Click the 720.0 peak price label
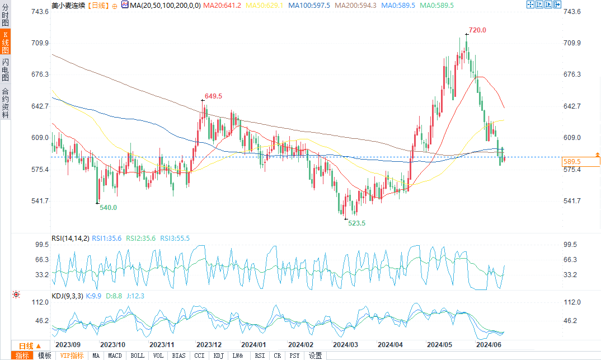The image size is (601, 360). tap(477, 30)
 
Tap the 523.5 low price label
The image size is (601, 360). tap(357, 223)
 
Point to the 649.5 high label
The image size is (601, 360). tap(213, 96)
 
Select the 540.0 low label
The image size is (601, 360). tap(108, 207)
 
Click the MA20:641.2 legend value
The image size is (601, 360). tap(222, 5)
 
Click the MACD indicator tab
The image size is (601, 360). tap(115, 356)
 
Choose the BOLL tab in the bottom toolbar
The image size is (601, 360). tap(137, 356)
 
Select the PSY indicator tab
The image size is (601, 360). tap(294, 356)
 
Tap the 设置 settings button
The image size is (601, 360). tap(315, 356)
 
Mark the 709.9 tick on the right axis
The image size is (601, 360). tap(571, 43)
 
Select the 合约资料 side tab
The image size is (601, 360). tap(5, 102)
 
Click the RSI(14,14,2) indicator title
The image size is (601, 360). tap(70, 239)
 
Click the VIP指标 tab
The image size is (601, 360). tap(72, 356)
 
